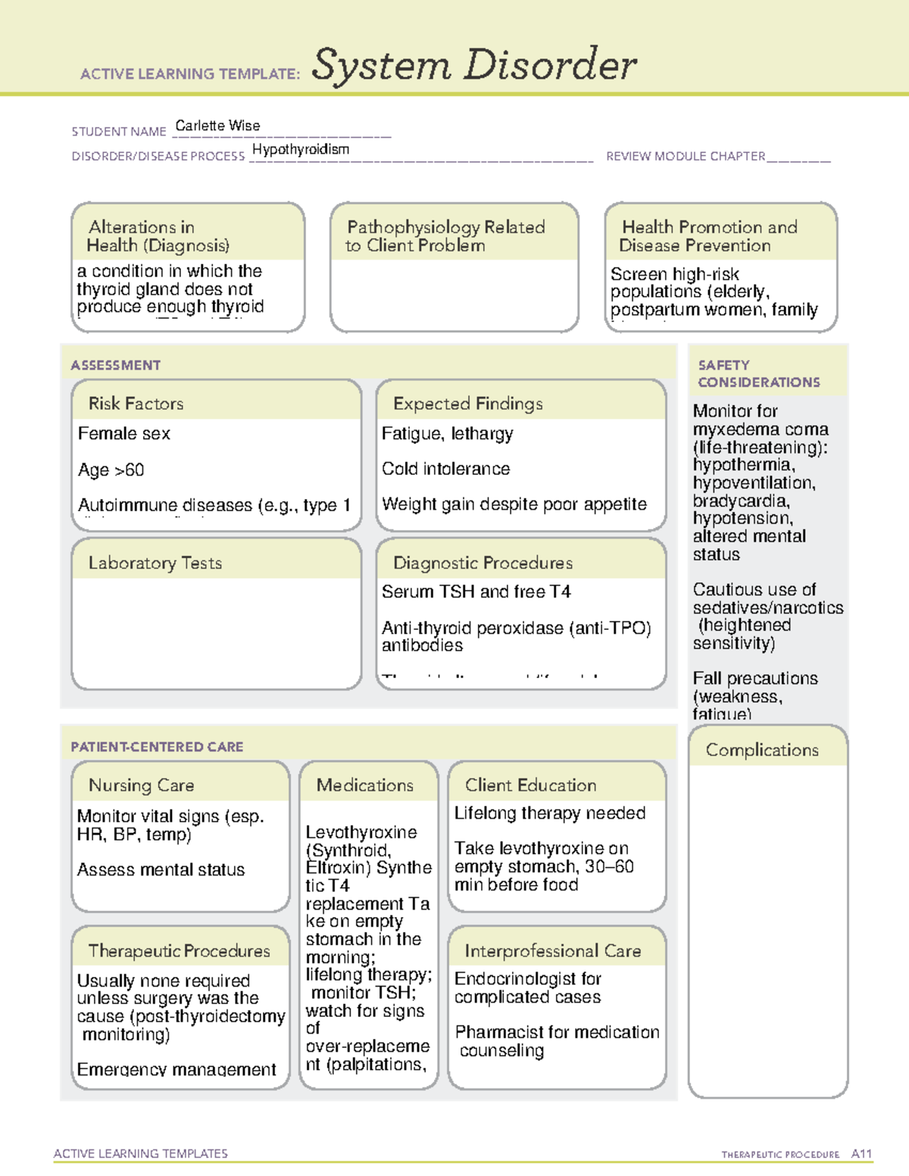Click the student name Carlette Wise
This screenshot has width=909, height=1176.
pyautogui.click(x=217, y=126)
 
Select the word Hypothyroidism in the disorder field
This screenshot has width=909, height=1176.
pyautogui.click(x=301, y=149)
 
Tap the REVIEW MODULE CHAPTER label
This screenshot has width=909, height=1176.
pyautogui.click(x=686, y=156)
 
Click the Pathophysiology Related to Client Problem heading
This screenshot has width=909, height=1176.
pyautogui.click(x=445, y=236)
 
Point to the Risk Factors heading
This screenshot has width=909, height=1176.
pyautogui.click(x=136, y=404)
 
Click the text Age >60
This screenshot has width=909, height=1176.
pyautogui.click(x=111, y=470)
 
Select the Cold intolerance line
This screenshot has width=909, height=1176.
pyautogui.click(x=445, y=469)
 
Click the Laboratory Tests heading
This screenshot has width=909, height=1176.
pyautogui.click(x=155, y=563)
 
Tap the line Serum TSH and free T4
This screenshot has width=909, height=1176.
pyautogui.click(x=476, y=591)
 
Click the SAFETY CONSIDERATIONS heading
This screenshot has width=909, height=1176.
pyautogui.click(x=758, y=373)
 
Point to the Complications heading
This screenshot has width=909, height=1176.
pyautogui.click(x=762, y=750)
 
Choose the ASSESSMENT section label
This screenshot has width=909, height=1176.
pyautogui.click(x=116, y=365)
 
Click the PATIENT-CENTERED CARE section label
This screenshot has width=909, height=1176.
pyautogui.click(x=157, y=747)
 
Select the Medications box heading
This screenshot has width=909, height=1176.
pyautogui.click(x=365, y=785)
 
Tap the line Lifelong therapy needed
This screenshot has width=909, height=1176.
pyautogui.click(x=549, y=813)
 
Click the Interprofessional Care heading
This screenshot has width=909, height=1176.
pyautogui.click(x=552, y=950)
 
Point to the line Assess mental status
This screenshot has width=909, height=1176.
pyautogui.click(x=161, y=870)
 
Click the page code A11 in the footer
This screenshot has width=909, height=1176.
pyautogui.click(x=861, y=1153)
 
